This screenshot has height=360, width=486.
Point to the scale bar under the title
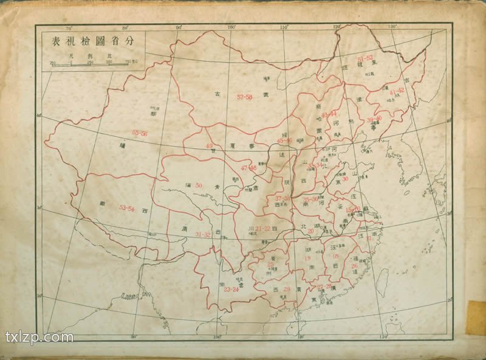click(91, 62)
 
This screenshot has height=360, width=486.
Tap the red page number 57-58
click(245, 97)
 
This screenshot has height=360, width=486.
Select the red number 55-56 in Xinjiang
click(140, 133)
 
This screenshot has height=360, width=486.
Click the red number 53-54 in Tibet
click(126, 208)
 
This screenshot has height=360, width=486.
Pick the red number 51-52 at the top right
click(365, 58)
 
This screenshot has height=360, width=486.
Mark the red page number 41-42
click(397, 91)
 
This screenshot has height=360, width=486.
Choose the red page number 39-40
click(374, 119)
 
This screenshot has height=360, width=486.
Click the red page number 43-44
click(329, 114)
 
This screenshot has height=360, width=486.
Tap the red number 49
click(210, 146)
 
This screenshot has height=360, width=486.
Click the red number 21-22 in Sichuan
click(262, 228)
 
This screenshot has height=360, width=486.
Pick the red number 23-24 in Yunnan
click(231, 289)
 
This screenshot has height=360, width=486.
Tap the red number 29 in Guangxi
click(287, 289)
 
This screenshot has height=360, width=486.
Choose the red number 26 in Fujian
click(354, 266)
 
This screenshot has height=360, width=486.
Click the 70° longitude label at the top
click(68, 28)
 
